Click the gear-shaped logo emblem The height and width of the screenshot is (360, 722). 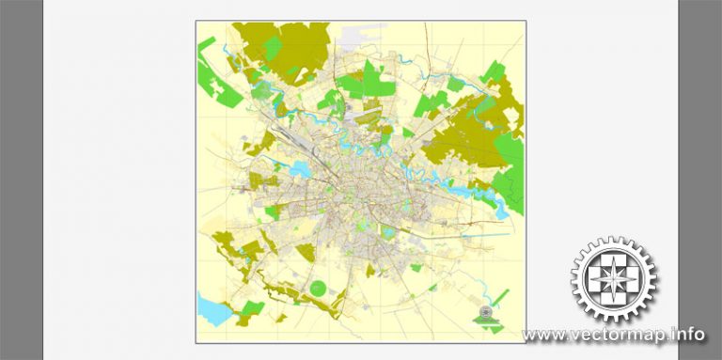point(615,279)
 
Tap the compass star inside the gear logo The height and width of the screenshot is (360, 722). point(615,279)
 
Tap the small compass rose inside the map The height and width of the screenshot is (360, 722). point(485,312)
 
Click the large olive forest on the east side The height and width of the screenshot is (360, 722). point(461,141)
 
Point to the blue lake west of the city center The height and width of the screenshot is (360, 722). point(300,170)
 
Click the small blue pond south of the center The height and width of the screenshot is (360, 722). point(387,231)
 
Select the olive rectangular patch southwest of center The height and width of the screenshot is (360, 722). point(306,252)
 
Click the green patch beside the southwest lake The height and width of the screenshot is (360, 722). point(248,310)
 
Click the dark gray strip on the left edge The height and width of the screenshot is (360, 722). point(21,179)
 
